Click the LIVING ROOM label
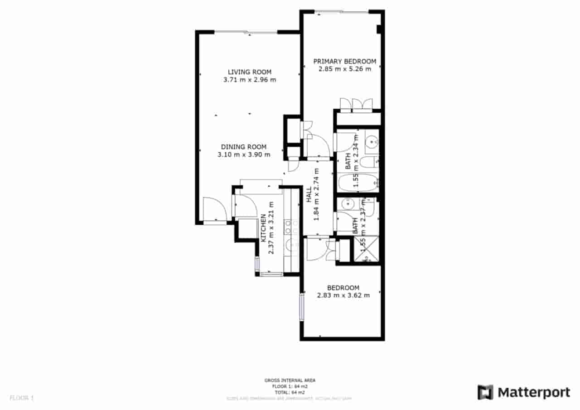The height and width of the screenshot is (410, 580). click(x=249, y=72)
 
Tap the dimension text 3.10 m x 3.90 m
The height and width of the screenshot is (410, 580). click(x=244, y=154)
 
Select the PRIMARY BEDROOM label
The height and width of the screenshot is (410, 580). click(x=345, y=61)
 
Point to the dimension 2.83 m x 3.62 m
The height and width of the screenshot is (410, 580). click(x=343, y=295)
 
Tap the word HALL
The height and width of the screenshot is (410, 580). click(x=309, y=195)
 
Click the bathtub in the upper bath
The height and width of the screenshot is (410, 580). click(x=358, y=183)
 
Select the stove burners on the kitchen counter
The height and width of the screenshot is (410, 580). click(x=290, y=227)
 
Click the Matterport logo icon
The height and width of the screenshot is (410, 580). click(x=485, y=392)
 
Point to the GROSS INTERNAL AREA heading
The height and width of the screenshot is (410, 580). click(x=290, y=381)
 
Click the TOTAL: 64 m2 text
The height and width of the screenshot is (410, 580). click(x=290, y=392)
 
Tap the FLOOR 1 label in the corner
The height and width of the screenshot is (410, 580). click(x=22, y=398)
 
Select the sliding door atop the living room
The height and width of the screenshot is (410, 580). click(x=246, y=32)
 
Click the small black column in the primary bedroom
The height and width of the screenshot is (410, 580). click(x=378, y=29)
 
